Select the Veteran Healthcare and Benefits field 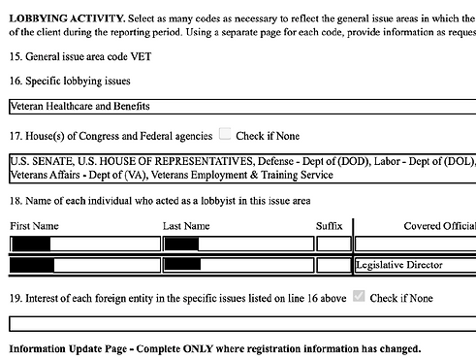tap(242, 106)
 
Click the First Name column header tap(34, 226)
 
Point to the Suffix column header tap(330, 226)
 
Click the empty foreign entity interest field tap(242, 324)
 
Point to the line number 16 tap(16, 81)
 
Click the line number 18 tap(16, 201)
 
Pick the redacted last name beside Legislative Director tap(183, 264)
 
